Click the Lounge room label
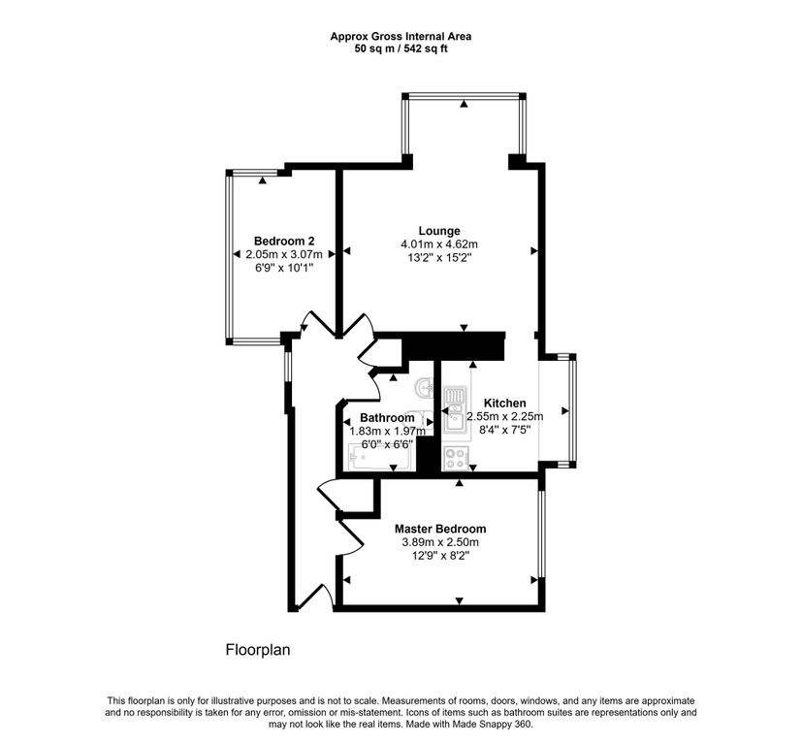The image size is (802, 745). [439, 231]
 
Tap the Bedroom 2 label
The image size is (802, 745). [284, 241]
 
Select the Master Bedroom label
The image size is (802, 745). [440, 529]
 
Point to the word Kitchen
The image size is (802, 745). [505, 403]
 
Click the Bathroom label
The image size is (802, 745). [387, 418]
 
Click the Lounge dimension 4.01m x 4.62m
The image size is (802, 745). [439, 244]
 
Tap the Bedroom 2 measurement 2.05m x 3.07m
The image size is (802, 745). [284, 254]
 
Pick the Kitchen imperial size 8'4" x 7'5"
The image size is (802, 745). [505, 430]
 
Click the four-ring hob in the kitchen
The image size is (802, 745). [455, 458]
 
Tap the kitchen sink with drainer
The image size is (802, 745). [455, 411]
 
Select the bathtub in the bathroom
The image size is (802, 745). [379, 457]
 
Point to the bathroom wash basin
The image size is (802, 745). [425, 388]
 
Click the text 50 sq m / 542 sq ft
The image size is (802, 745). [401, 49]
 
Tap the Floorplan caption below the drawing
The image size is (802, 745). [258, 650]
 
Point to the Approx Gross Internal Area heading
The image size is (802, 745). [401, 36]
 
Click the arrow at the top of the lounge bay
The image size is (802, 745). [464, 104]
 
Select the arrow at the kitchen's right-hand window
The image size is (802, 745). [565, 410]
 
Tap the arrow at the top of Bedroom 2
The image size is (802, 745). [263, 180]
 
